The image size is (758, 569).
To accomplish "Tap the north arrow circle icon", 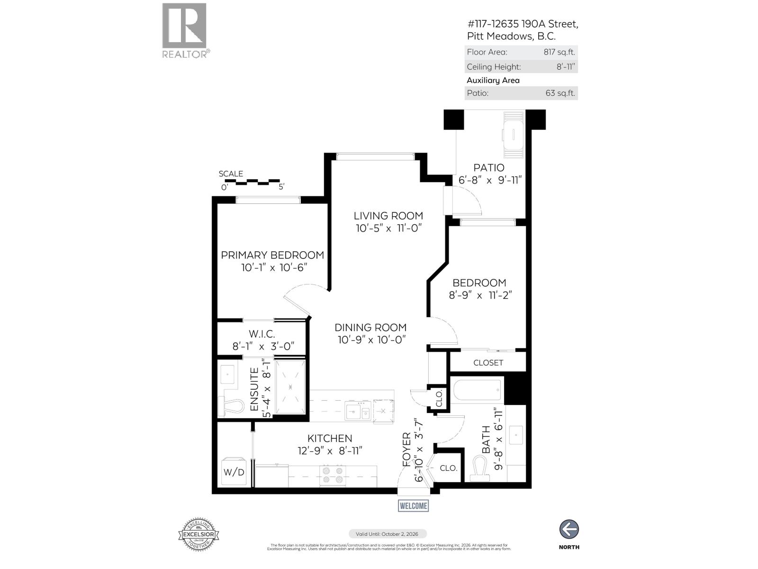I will [569, 529].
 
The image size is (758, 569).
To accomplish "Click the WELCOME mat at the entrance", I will [413, 505].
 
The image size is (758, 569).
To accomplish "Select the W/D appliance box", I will [234, 471].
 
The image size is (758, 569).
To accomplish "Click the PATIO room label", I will [489, 168].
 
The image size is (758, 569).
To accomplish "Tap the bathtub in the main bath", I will [478, 390].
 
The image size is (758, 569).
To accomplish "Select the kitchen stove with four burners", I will [333, 475].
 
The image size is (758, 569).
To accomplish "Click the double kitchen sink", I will [358, 410].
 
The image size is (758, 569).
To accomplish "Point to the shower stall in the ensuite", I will [290, 386].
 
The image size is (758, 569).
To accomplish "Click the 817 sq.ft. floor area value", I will [559, 52].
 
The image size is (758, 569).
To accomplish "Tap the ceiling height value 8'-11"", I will [565, 67].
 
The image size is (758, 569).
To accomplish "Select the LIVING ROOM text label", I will [388, 216].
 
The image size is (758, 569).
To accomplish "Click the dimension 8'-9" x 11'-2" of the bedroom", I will [480, 295].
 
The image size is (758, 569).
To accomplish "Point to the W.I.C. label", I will [262, 334].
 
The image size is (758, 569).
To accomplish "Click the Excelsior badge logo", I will [199, 534].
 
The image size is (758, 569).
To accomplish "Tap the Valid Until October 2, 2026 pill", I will [388, 533].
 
